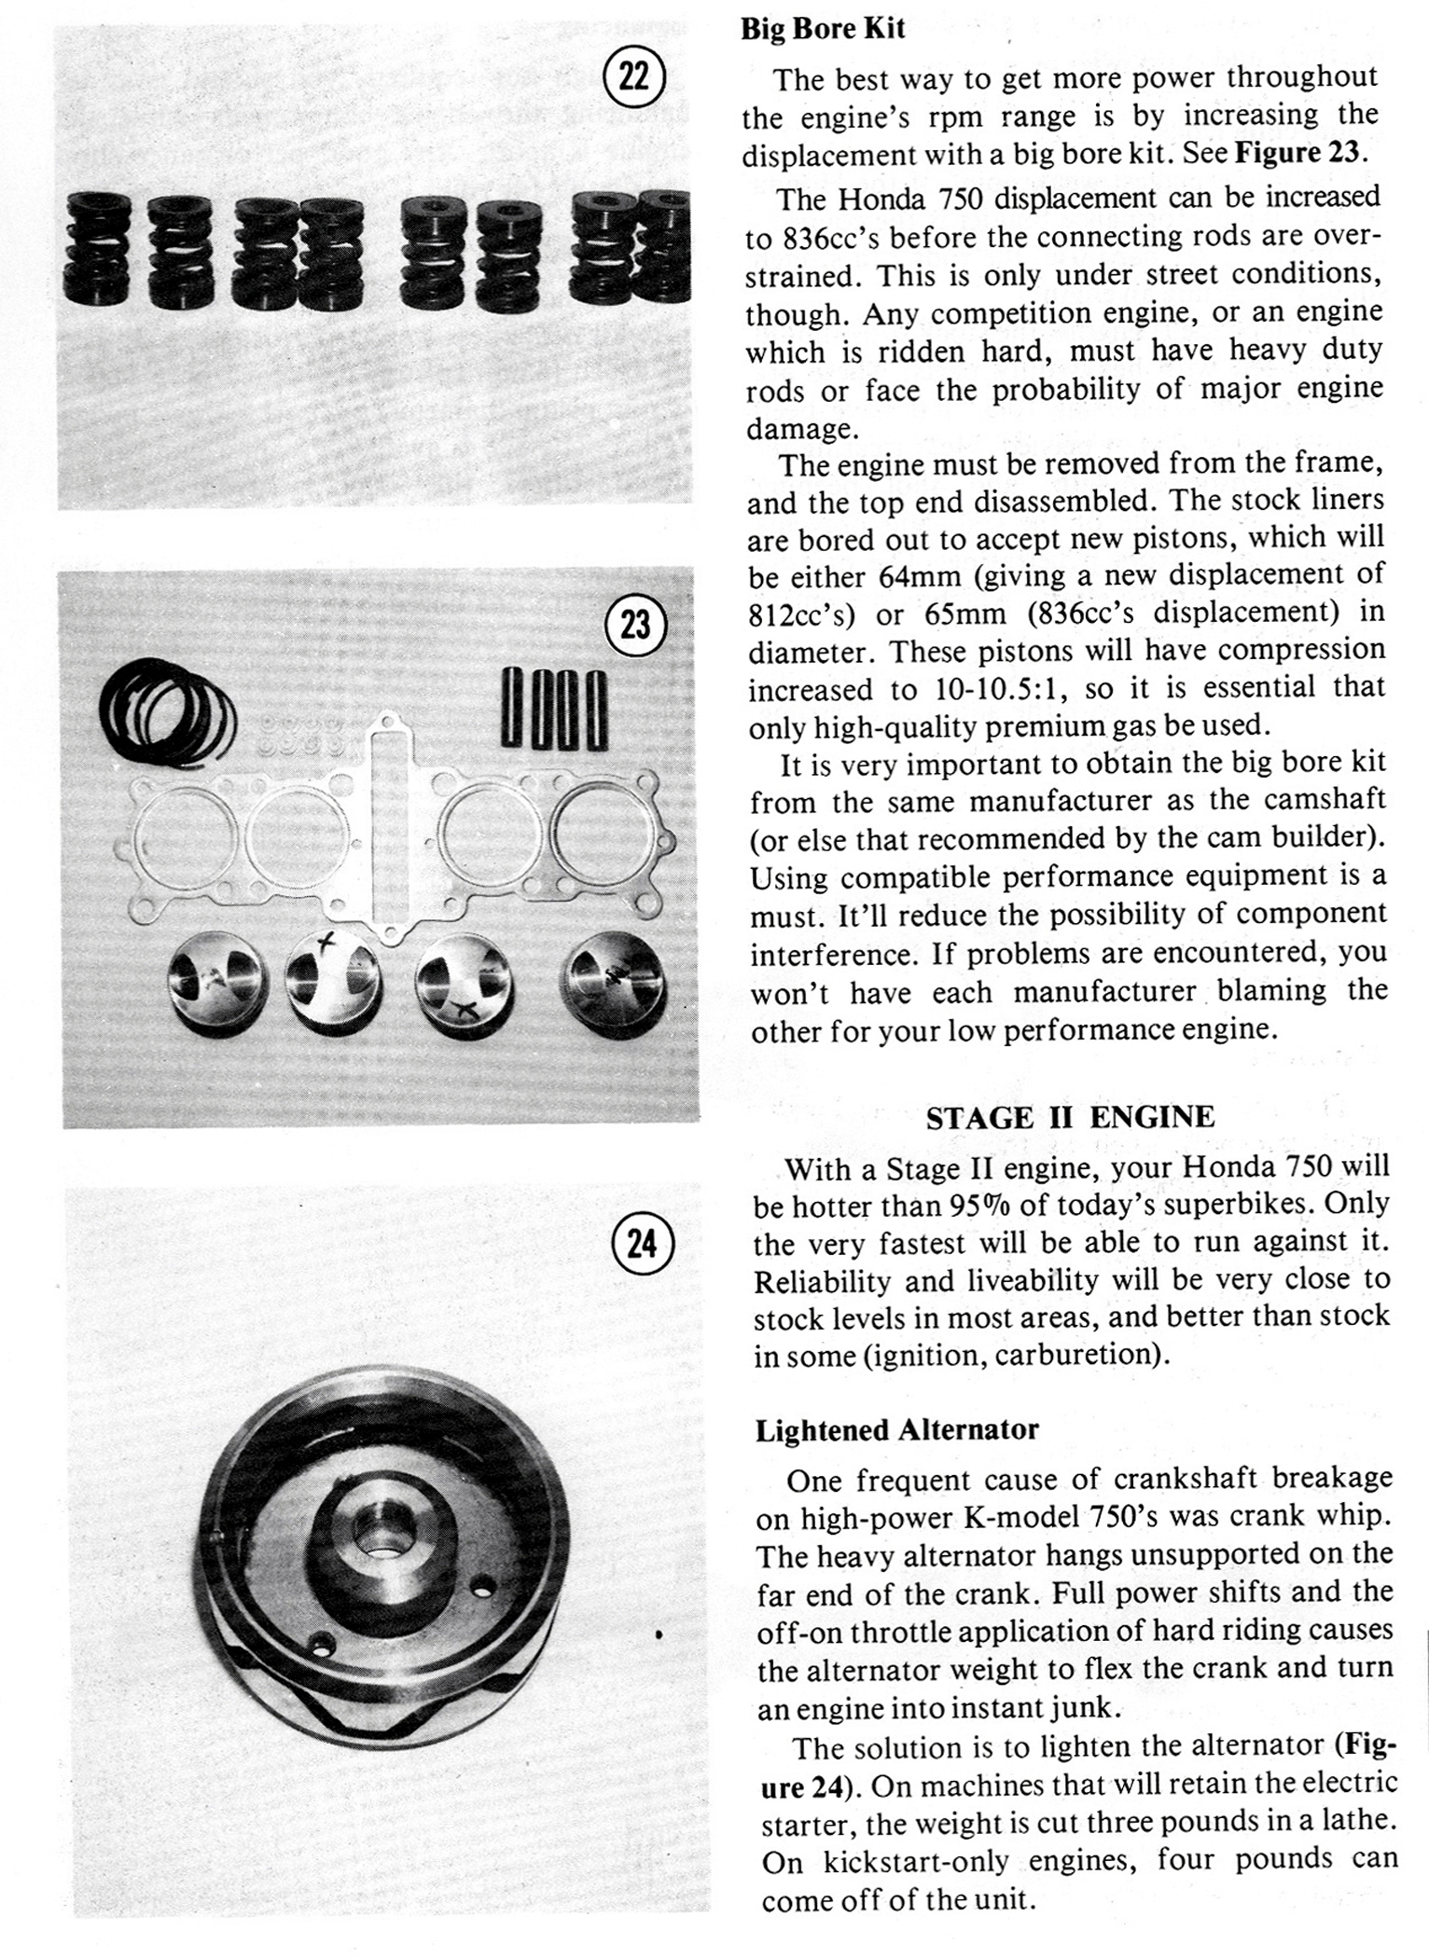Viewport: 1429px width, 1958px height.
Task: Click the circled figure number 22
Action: pos(634,76)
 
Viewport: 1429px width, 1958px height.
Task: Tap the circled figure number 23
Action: pos(634,623)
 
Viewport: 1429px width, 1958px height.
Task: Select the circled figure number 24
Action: pos(642,1244)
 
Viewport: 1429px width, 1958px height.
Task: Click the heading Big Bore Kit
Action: pos(823,28)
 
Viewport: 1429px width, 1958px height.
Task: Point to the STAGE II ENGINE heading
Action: pos(1070,1117)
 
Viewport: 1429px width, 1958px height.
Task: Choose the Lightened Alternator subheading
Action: pos(896,1429)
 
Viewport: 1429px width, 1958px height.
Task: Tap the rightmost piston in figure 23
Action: pos(613,987)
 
